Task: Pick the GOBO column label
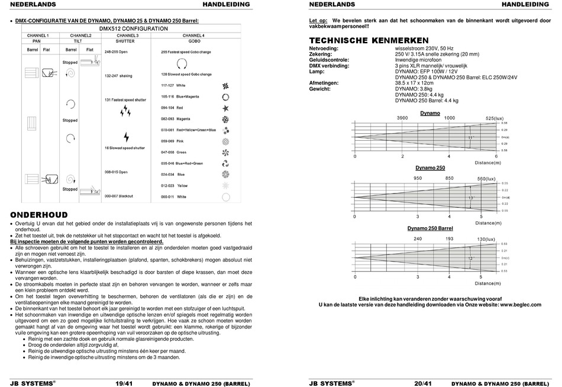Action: pyautogui.click(x=194, y=41)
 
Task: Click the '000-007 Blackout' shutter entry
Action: pyautogui.click(x=118, y=196)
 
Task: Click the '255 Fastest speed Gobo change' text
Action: pyautogui.click(x=186, y=52)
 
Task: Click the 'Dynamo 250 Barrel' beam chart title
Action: pyautogui.click(x=430, y=228)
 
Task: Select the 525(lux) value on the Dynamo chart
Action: pyautogui.click(x=494, y=118)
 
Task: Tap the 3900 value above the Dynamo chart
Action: pyautogui.click(x=402, y=118)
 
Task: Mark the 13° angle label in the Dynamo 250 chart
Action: pyautogui.click(x=471, y=198)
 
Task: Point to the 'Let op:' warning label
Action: pyautogui.click(x=318, y=21)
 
